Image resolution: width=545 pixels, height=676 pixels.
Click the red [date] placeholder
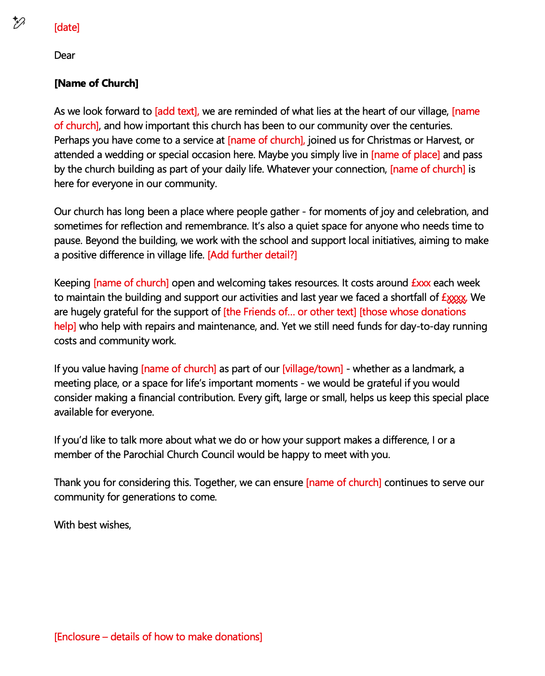pyautogui.click(x=67, y=27)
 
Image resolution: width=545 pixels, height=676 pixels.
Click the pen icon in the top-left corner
pyautogui.click(x=19, y=23)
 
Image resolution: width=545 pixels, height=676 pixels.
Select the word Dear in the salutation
pyautogui.click(x=65, y=55)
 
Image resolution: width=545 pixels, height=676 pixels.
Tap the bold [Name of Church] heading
pyautogui.click(x=96, y=83)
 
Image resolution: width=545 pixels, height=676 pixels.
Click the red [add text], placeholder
pyautogui.click(x=177, y=111)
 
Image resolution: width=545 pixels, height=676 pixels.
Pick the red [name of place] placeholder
pyautogui.click(x=405, y=155)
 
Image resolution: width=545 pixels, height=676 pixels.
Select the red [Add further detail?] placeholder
pyautogui.click(x=252, y=255)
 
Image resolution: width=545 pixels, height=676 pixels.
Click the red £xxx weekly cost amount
pyautogui.click(x=421, y=283)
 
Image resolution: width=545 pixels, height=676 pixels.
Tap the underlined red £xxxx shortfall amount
pyautogui.click(x=454, y=297)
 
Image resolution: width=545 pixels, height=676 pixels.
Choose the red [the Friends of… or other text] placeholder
pyautogui.click(x=289, y=312)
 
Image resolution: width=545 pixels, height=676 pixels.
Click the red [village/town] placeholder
pyautogui.click(x=313, y=369)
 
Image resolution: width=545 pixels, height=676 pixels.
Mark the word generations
pyautogui.click(x=150, y=497)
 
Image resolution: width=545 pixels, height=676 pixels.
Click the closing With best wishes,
pyautogui.click(x=93, y=525)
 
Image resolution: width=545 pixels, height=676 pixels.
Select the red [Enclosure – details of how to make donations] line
pyautogui.click(x=158, y=637)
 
